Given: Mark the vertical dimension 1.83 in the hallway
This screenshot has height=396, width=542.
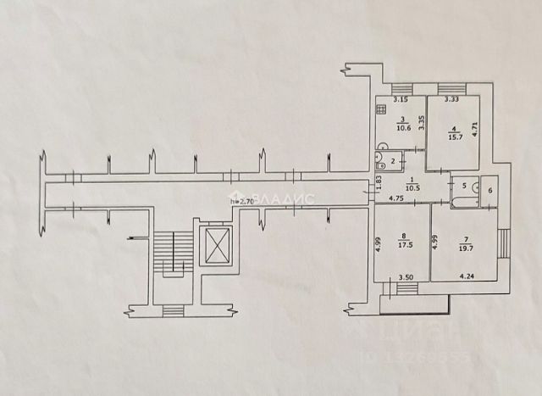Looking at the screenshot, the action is (x=380, y=181).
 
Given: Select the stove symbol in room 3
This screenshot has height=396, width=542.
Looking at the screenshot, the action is (x=383, y=109).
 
